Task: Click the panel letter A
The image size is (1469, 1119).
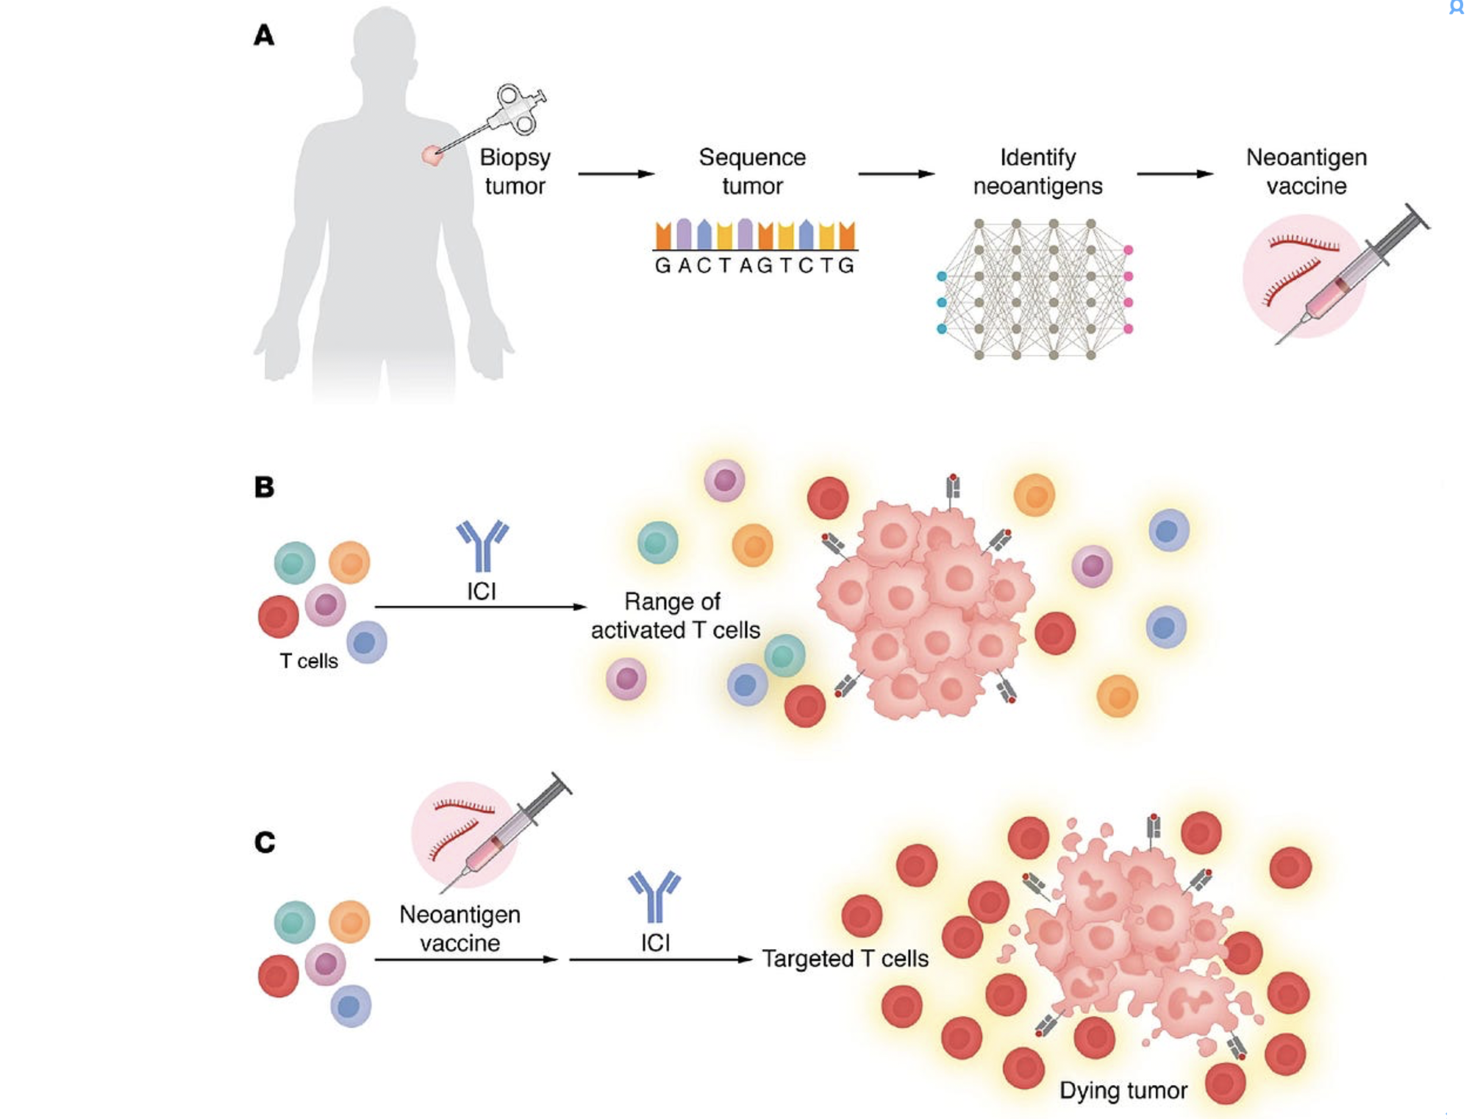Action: click(264, 35)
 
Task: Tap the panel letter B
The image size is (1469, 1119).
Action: click(264, 487)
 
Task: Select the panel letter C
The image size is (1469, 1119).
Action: click(265, 842)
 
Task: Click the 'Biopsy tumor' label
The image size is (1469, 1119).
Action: click(515, 171)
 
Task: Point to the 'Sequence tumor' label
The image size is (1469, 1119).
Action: click(752, 171)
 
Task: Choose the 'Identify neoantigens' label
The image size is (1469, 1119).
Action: click(1037, 171)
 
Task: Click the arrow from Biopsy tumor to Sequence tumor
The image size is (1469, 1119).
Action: click(616, 174)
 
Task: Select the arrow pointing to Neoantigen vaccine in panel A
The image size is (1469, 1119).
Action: click(1174, 174)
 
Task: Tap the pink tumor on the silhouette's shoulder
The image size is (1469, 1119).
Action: click(432, 155)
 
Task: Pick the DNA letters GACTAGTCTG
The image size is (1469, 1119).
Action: click(754, 265)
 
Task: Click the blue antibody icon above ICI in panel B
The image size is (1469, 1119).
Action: click(482, 546)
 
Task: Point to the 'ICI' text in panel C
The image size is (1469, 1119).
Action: click(655, 943)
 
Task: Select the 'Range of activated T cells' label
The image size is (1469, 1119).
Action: click(675, 616)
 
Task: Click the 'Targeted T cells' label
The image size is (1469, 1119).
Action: click(845, 959)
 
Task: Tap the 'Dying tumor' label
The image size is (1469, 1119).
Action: click(1123, 1090)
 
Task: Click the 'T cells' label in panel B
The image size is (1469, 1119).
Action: click(309, 661)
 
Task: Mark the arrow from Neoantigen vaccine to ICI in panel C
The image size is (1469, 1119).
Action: click(466, 959)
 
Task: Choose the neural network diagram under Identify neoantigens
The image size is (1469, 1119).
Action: click(1035, 289)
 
